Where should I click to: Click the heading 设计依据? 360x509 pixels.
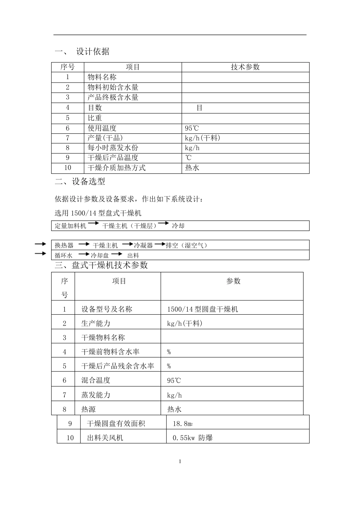click(x=93, y=52)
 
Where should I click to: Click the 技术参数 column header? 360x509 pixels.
click(x=245, y=67)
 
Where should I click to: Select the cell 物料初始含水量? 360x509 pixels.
click(x=113, y=87)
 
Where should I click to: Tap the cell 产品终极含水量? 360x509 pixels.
click(x=113, y=97)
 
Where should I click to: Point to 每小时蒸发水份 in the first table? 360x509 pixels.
click(x=113, y=148)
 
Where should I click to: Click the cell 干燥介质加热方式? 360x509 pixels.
click(x=116, y=168)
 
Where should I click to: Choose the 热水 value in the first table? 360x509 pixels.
click(x=192, y=168)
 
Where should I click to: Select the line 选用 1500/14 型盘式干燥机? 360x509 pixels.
click(x=98, y=213)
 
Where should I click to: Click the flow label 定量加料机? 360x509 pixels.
click(x=70, y=226)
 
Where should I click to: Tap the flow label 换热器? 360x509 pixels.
click(x=64, y=245)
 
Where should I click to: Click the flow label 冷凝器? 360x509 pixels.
click(x=144, y=245)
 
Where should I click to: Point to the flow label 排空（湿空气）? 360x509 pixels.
click(x=187, y=245)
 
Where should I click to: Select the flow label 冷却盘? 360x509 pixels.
click(x=100, y=256)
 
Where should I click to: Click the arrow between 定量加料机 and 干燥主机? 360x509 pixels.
click(x=93, y=224)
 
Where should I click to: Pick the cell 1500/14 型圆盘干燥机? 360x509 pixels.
click(x=202, y=309)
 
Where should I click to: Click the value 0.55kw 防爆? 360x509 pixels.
click(x=193, y=438)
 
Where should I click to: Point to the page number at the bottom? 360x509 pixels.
click(x=180, y=461)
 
